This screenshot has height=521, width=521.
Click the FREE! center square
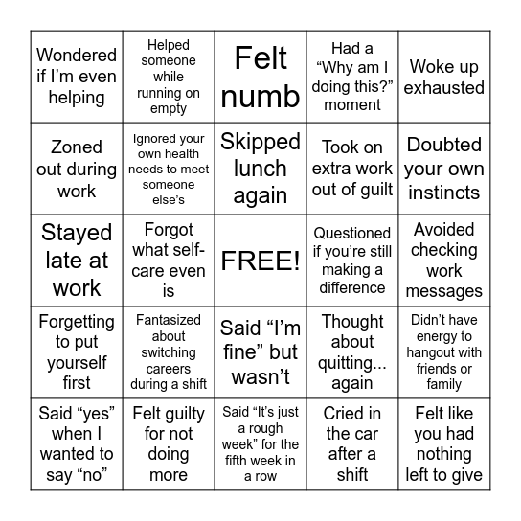pyautogui.click(x=260, y=260)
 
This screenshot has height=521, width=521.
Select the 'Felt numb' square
pyautogui.click(x=260, y=77)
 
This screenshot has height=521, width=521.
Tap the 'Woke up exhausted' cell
pyautogui.click(x=444, y=77)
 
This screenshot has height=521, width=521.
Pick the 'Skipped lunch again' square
pyautogui.click(x=260, y=169)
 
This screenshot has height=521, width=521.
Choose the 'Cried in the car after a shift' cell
pyautogui.click(x=352, y=444)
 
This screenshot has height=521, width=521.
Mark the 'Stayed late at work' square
pyautogui.click(x=77, y=260)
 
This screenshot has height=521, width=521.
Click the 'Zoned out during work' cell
pyautogui.click(x=77, y=169)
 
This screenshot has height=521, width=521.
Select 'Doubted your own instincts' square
pyautogui.click(x=444, y=169)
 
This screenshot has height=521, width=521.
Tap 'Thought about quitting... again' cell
pyautogui.click(x=352, y=352)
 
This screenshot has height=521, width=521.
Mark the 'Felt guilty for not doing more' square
pyautogui.click(x=169, y=444)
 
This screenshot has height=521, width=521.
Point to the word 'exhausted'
pyautogui.click(x=444, y=88)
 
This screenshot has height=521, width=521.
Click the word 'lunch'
pyautogui.click(x=260, y=169)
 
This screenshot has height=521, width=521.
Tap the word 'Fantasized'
pyautogui.click(x=169, y=321)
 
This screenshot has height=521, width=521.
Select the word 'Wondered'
pyautogui.click(x=77, y=56)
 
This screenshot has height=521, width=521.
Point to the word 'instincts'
pyautogui.click(x=444, y=193)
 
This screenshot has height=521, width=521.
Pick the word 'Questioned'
pyautogui.click(x=352, y=233)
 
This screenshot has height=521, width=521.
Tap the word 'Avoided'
pyautogui.click(x=444, y=230)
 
